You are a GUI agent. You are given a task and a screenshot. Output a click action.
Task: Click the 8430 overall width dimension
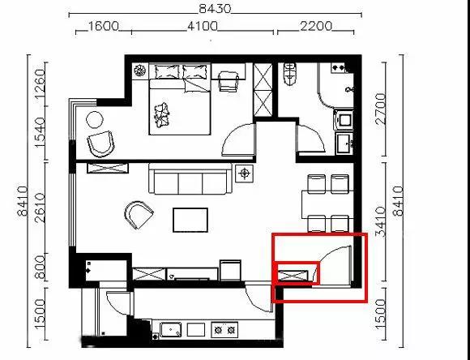coord(216,9)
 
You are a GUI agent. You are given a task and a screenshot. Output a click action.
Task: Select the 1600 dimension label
coord(103,26)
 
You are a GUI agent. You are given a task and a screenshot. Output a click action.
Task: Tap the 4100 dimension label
coord(203,26)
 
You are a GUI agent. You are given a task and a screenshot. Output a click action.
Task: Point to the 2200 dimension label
coord(316,26)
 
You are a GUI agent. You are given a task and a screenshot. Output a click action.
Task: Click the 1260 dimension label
coord(40,84)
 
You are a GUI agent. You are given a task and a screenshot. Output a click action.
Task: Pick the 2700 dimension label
coord(380,109)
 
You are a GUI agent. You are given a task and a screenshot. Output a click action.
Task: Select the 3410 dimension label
coord(380,221)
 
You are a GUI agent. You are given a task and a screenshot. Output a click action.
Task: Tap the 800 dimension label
coord(40,267)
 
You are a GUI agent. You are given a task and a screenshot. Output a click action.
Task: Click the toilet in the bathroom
coord(290,74)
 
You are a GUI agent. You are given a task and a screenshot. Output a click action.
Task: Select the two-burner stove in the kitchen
coord(224,330)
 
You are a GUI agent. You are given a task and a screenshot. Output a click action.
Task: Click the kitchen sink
coord(171,330)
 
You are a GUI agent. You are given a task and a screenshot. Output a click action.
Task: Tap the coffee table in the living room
coord(190,220)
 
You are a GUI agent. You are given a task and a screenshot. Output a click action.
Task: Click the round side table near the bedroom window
coord(95,120)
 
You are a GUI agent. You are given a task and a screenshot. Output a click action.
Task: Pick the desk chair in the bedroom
coord(229,81)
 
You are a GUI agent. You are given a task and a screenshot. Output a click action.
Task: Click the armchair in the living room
coord(139,215)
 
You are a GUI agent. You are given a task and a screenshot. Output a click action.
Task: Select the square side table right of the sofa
coord(245,173)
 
